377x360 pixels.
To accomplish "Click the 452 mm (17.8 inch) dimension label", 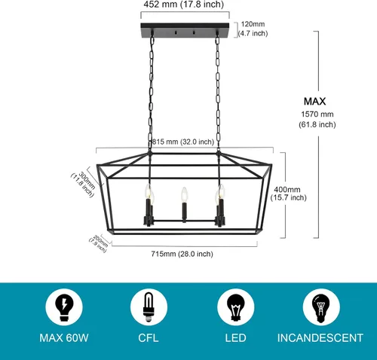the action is (183, 5).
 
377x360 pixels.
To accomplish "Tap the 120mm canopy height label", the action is (253, 24).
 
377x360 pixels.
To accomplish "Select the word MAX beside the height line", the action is (314, 102).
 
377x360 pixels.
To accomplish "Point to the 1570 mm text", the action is (317, 114).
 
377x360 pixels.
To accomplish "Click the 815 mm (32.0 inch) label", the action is (183, 142).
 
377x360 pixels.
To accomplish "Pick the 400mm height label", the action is (287, 189).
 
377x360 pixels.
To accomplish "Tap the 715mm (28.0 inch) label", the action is (182, 254).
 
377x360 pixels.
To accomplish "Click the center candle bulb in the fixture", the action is (184, 194).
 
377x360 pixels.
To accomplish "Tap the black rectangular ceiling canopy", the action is (185, 30).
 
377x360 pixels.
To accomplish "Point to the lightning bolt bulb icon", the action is (64, 307).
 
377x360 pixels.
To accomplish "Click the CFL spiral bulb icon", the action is (149, 307).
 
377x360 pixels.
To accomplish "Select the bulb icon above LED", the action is (235, 307).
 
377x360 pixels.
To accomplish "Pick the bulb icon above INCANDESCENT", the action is (321, 307).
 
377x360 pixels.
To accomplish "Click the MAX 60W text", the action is (64, 338).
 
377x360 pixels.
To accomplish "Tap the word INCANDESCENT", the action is (320, 338).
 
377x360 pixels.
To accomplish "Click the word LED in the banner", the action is (235, 338).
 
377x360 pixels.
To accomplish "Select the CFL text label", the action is (149, 338).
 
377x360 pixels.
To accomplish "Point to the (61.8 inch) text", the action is (317, 124).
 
